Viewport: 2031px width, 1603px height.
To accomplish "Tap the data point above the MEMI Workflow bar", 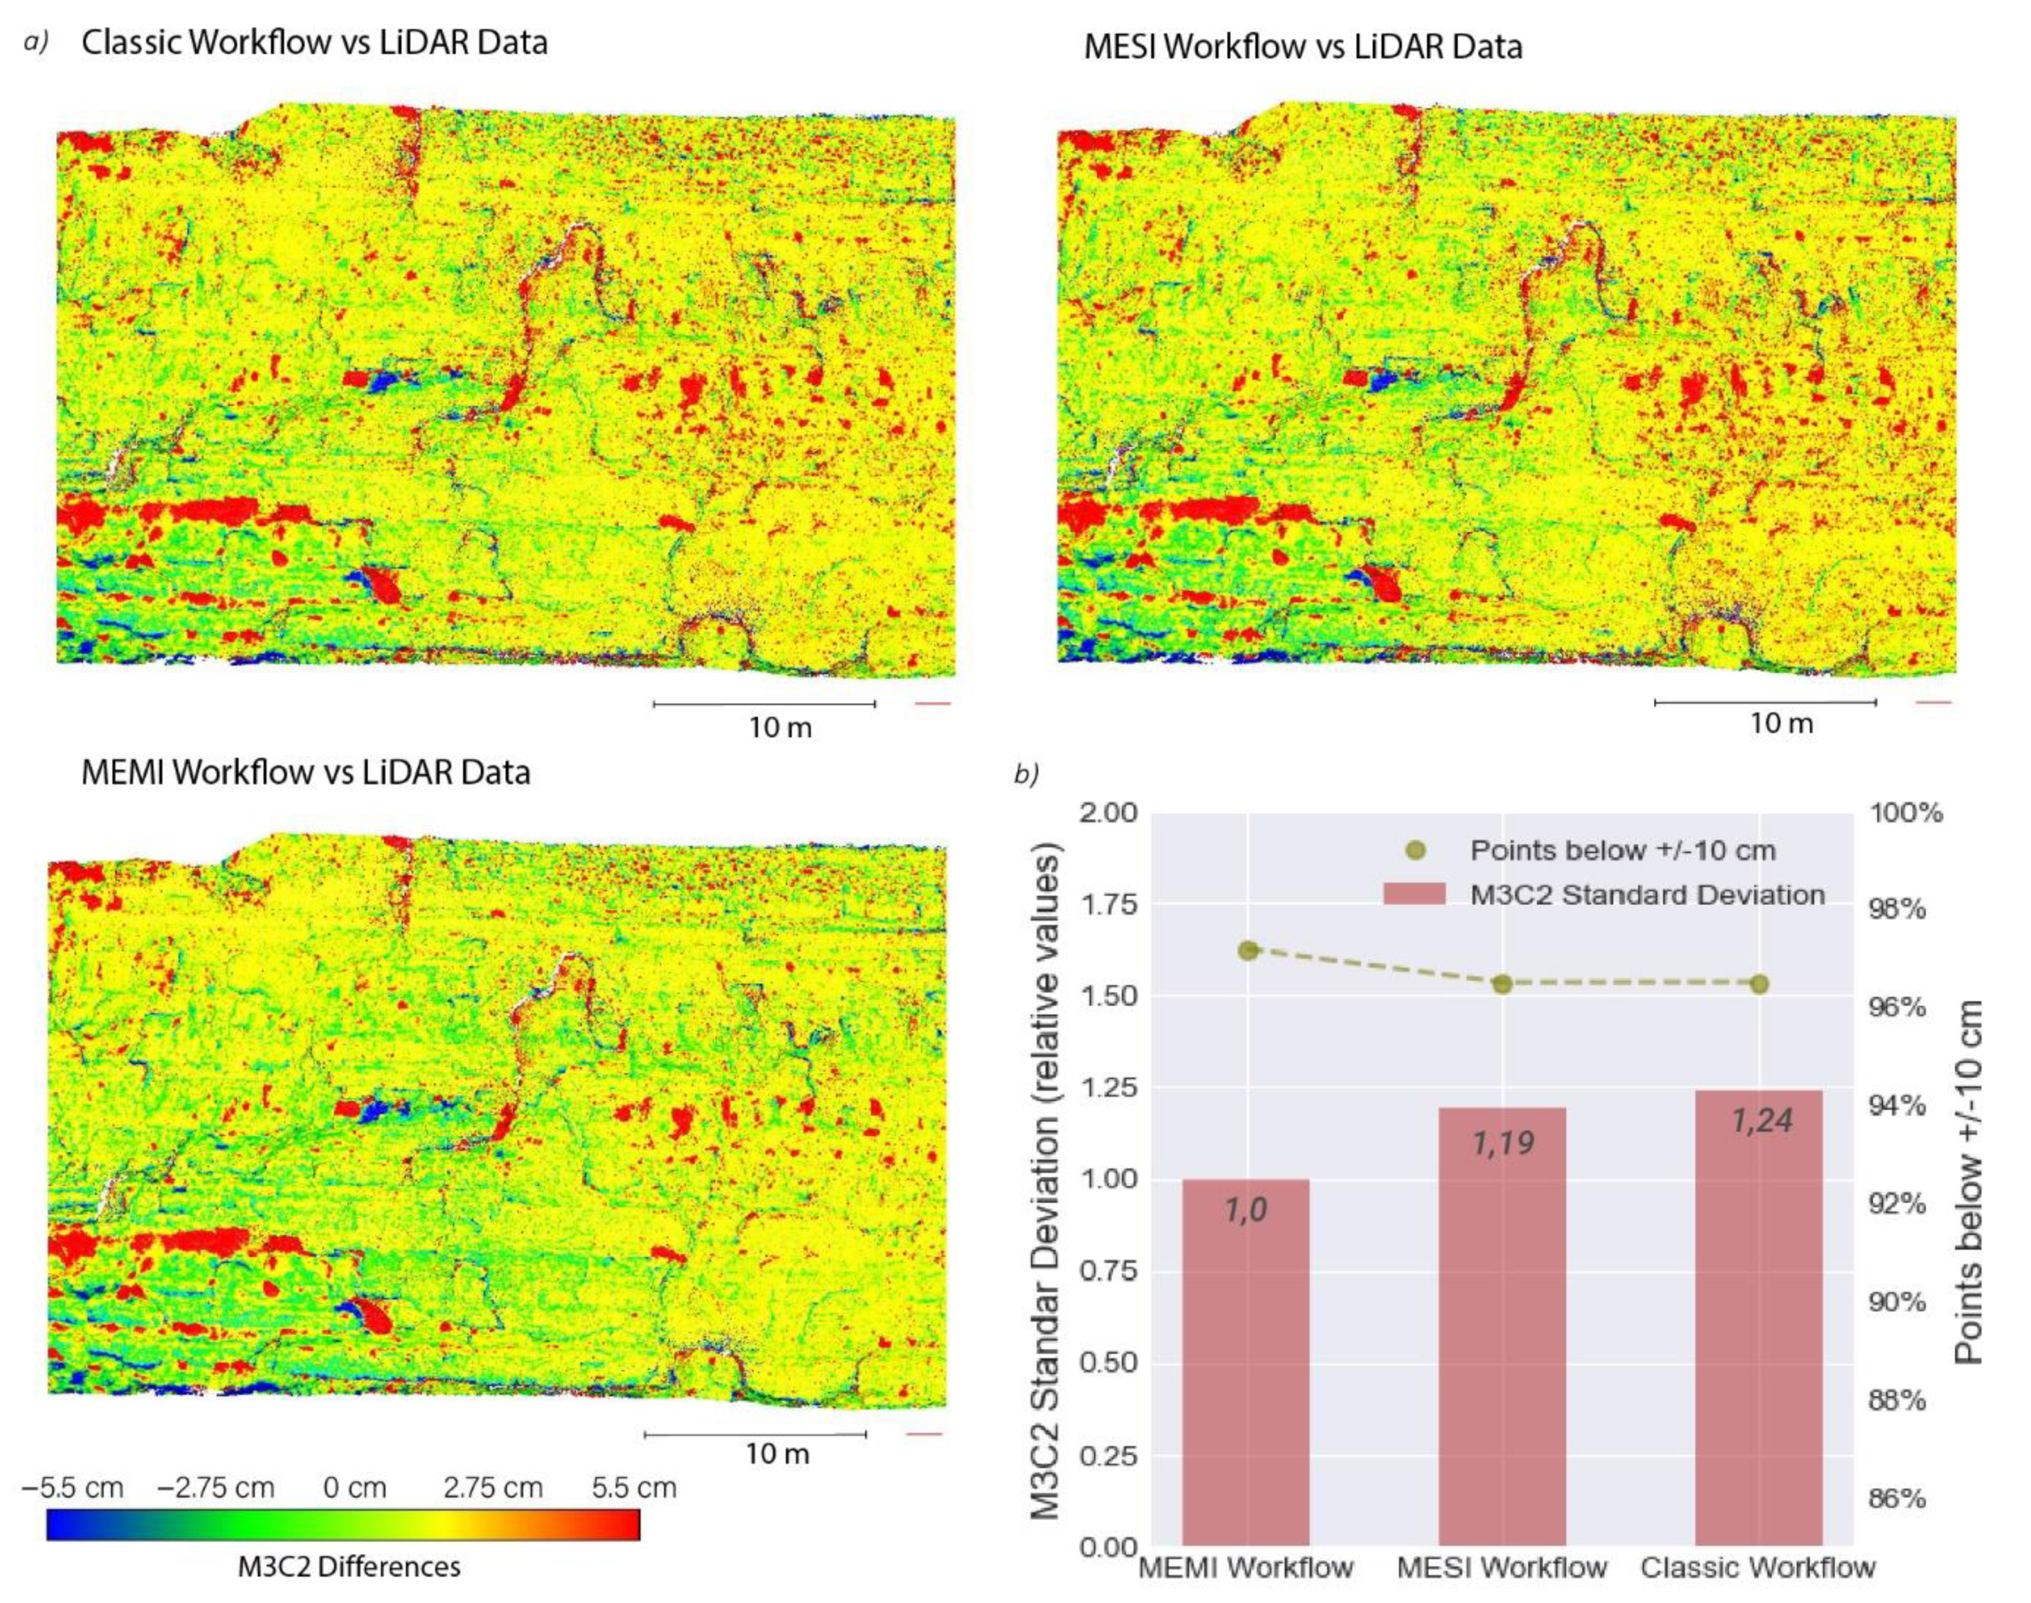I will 1247,950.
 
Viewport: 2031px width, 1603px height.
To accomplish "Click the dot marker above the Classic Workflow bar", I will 1759,984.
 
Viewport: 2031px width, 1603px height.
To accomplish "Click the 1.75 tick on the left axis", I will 1111,904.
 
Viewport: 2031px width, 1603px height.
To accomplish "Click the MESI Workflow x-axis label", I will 1502,1568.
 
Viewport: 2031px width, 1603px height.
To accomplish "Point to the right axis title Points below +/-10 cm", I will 1969,1182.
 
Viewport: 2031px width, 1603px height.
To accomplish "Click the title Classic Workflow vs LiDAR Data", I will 314,43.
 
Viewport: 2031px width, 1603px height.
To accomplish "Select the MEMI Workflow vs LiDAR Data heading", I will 306,772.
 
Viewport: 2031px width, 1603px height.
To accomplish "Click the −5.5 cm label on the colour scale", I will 72,1487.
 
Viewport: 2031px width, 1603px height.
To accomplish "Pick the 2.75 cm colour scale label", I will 493,1487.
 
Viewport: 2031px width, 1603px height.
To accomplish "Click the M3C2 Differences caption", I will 348,1566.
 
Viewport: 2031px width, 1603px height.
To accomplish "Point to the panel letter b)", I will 1026,775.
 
